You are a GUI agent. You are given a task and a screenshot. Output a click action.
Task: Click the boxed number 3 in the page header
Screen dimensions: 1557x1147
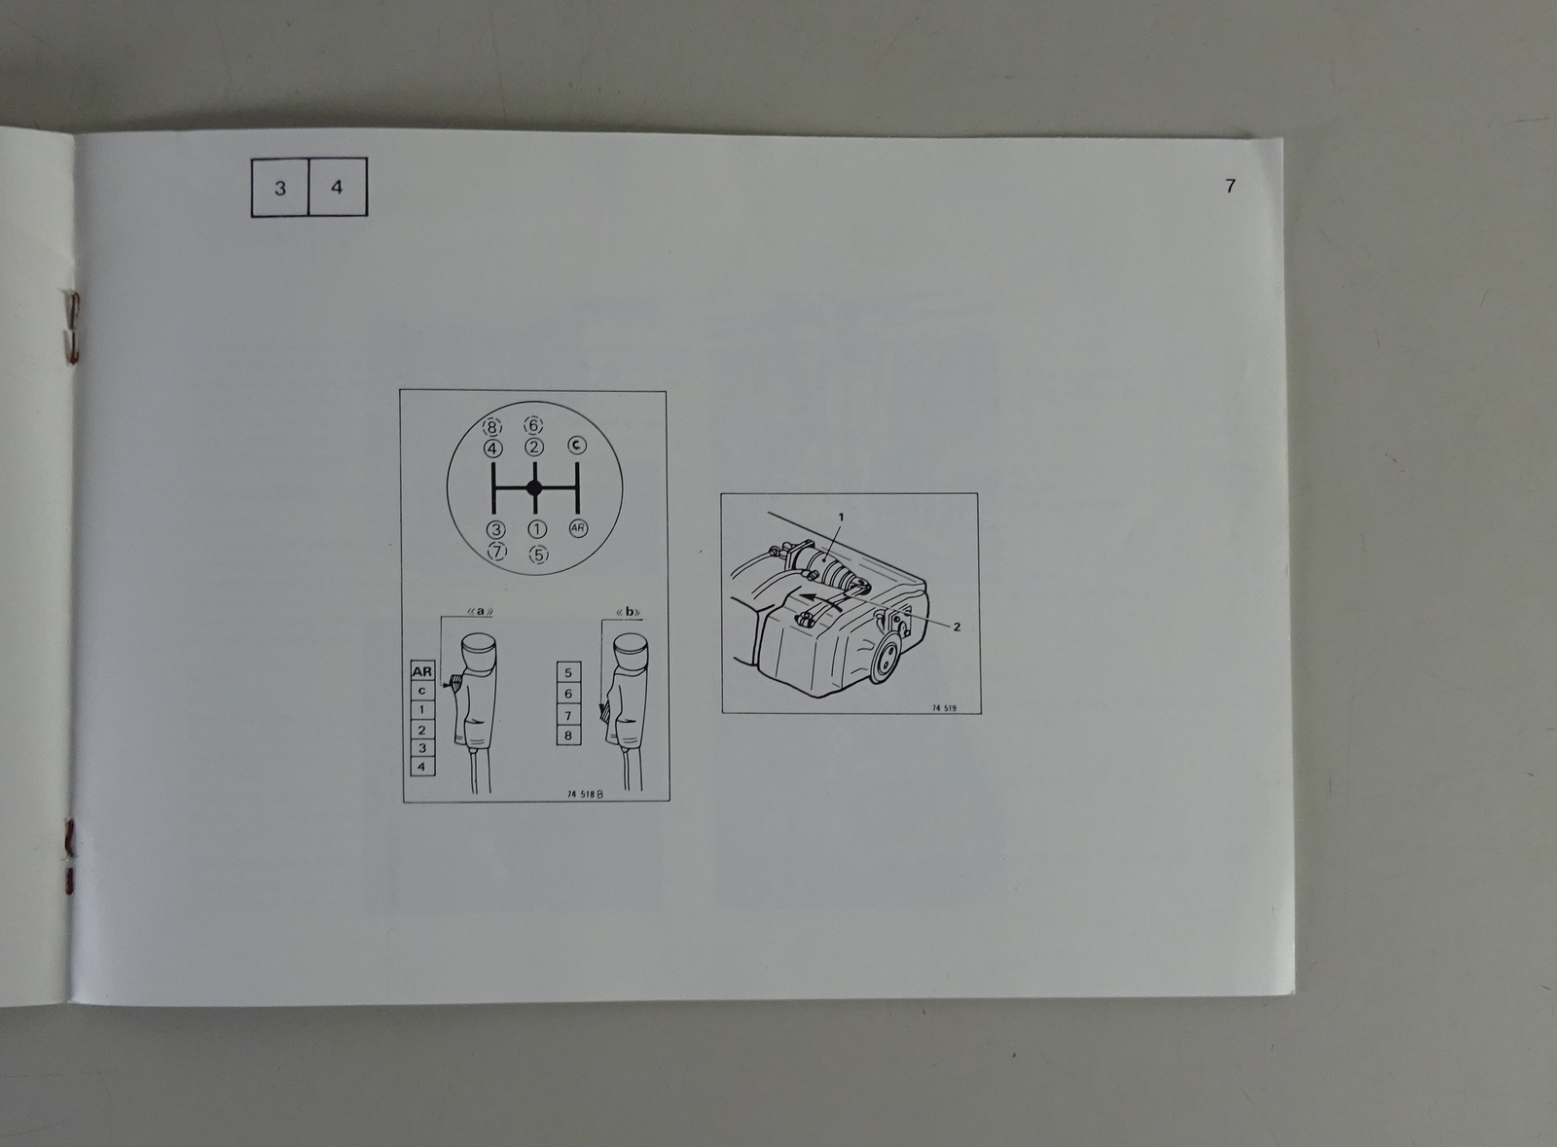coord(280,188)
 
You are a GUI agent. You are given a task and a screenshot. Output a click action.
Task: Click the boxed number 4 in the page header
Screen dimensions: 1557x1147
coord(337,187)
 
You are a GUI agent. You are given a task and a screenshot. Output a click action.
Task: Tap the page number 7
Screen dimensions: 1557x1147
coord(1230,186)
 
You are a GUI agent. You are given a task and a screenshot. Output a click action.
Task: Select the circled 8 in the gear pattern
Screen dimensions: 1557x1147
coord(492,426)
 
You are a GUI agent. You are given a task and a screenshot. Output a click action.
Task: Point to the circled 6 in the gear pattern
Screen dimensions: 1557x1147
coord(533,424)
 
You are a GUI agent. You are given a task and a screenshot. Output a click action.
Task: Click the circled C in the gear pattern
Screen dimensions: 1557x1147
coord(577,445)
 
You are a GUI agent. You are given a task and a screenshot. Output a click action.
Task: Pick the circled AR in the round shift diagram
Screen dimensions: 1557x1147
coord(578,528)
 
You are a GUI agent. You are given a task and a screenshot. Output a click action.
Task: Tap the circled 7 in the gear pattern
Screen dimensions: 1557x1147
coord(497,552)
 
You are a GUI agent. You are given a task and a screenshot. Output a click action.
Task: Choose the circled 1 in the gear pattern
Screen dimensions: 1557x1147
coord(537,529)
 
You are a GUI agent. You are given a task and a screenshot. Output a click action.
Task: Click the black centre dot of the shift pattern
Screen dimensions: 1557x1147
coord(534,487)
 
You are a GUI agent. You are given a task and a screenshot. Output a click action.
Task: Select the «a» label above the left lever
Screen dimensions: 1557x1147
coord(481,611)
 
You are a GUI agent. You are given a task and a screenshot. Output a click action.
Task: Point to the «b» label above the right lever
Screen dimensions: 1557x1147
coord(629,612)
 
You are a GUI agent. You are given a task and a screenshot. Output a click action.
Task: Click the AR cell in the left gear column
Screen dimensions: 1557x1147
coord(422,671)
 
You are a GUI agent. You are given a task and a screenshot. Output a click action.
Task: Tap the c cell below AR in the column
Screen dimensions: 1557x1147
coord(422,691)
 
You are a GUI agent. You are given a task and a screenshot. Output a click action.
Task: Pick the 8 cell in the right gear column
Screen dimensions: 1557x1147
coord(568,735)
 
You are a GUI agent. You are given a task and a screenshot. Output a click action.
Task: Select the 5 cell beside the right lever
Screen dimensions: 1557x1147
coord(568,672)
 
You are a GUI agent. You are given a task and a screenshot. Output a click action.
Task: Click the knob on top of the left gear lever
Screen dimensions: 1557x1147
coord(478,653)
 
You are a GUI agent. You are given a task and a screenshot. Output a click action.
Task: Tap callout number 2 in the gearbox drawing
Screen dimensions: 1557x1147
coord(957,627)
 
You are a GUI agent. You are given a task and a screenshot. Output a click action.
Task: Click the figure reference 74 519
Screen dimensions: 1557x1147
coord(944,708)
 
